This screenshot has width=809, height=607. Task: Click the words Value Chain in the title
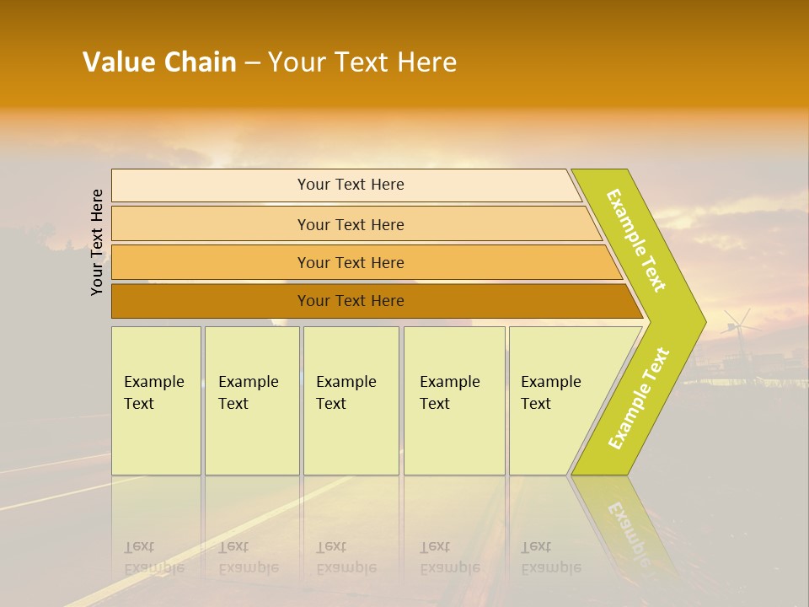(x=159, y=62)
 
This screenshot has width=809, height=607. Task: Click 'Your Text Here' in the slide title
(x=362, y=62)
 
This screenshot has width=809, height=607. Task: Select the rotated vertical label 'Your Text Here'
(x=97, y=242)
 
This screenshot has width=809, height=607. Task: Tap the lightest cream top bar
(x=350, y=185)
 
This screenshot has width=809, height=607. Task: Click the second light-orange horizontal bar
(x=350, y=224)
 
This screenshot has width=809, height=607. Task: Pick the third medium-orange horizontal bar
(x=350, y=262)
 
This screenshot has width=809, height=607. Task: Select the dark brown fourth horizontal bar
(x=350, y=301)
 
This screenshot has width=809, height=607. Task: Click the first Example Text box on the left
(x=156, y=400)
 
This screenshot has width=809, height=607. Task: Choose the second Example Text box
(x=251, y=400)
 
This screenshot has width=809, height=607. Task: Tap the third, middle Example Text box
(x=351, y=400)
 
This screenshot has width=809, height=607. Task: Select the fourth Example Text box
(x=453, y=400)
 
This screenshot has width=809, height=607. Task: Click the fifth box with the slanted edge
(x=556, y=400)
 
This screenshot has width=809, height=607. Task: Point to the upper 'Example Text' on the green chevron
(x=636, y=240)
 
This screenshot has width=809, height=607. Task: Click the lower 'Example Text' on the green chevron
(x=639, y=398)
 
